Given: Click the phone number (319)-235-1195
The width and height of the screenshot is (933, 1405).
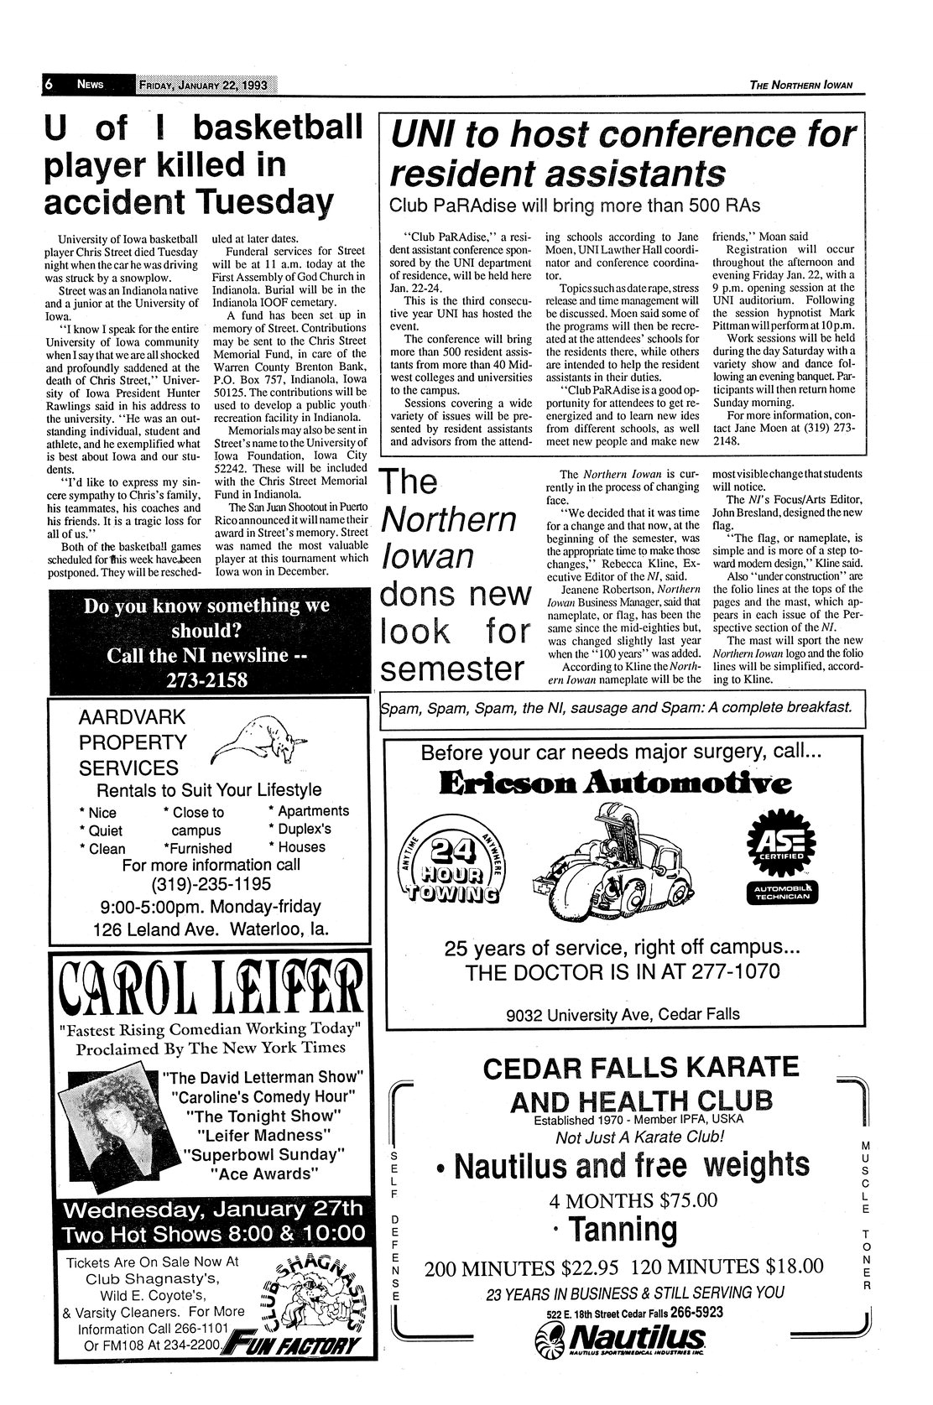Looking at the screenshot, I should point(211,884).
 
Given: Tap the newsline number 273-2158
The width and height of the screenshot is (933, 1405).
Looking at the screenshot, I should point(209,680).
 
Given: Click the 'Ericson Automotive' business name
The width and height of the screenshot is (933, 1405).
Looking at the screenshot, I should point(615,784).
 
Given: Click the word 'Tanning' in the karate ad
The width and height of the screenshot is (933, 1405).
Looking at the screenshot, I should point(622,1230).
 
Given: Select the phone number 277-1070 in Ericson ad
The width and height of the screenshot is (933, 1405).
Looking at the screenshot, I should point(732,972).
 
